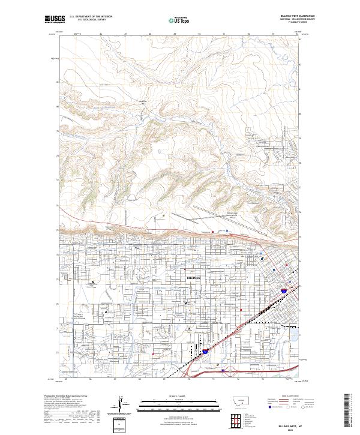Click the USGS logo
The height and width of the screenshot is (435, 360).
click(x=55, y=19)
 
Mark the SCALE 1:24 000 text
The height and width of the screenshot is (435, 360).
click(x=163, y=396)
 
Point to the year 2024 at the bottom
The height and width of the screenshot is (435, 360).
click(x=292, y=429)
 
